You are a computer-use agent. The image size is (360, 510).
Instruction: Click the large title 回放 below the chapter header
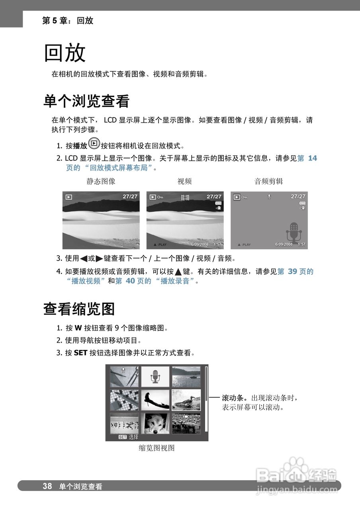65,53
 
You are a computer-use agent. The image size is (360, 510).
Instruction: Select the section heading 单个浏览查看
86,102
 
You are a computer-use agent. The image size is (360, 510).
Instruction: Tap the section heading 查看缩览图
79,309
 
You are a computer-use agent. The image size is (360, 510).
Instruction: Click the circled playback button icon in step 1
94,143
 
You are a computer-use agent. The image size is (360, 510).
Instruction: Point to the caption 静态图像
101,181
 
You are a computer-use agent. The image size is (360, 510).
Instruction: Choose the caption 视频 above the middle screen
184,181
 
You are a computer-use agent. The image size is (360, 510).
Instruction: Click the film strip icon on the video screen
185,197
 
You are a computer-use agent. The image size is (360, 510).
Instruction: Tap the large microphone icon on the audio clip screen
294,232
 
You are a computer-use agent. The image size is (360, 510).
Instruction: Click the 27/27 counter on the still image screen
130,196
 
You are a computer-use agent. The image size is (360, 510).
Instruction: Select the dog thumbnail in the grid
155,423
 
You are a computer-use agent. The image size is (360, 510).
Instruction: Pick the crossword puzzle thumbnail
124,400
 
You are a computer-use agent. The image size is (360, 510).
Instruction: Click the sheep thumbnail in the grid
186,423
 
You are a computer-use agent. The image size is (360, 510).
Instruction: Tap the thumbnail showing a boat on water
186,377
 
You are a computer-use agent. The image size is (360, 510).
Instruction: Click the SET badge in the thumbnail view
122,437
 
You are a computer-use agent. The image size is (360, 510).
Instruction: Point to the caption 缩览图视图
157,448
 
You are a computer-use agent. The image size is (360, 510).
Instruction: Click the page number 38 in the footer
47,486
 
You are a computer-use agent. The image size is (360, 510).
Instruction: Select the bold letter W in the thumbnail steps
78,328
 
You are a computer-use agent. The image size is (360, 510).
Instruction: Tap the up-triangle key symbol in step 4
178,272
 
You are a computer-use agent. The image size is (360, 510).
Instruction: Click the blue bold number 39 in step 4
292,272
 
